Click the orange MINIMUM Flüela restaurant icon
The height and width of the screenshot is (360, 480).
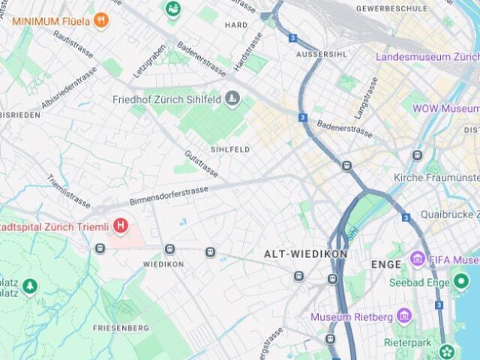[x=101, y=20]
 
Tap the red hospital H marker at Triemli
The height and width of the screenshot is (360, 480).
[x=120, y=225]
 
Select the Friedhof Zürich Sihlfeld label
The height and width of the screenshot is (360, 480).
[x=168, y=99]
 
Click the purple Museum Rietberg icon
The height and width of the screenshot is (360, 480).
[x=403, y=315]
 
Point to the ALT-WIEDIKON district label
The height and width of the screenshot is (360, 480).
[x=305, y=254]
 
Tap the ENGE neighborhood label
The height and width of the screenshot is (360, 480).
[x=386, y=265]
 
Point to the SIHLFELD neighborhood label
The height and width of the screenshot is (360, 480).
[x=230, y=149]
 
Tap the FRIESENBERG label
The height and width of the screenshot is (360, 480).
[x=118, y=328]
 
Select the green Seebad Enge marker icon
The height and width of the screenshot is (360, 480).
[x=461, y=282]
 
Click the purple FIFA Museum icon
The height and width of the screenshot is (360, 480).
[x=417, y=260]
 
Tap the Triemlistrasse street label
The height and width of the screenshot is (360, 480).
[x=69, y=193]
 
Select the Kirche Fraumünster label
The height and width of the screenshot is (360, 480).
[x=436, y=178]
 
